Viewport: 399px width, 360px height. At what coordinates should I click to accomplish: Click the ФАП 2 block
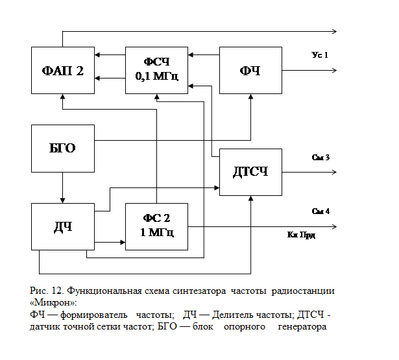(x=63, y=71)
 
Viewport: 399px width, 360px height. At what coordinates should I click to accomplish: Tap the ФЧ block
(x=250, y=71)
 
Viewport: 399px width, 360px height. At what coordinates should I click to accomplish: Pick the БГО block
(x=63, y=149)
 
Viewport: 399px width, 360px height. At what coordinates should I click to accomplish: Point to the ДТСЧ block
(x=250, y=172)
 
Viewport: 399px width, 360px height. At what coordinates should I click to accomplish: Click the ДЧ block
(x=63, y=226)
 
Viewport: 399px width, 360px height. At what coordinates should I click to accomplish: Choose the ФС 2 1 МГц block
(x=156, y=226)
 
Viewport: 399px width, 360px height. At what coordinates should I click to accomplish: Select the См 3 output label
(x=320, y=157)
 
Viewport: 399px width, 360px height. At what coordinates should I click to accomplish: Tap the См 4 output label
(x=320, y=211)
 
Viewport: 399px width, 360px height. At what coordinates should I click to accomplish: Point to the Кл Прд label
(x=302, y=234)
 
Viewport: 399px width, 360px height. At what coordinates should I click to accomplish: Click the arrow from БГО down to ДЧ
(x=63, y=188)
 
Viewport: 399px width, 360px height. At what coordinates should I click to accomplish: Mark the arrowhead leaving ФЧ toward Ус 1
(x=333, y=71)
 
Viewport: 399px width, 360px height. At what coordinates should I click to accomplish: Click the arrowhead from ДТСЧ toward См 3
(x=333, y=172)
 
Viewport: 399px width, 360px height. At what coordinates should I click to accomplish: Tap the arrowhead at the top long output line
(x=334, y=31)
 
